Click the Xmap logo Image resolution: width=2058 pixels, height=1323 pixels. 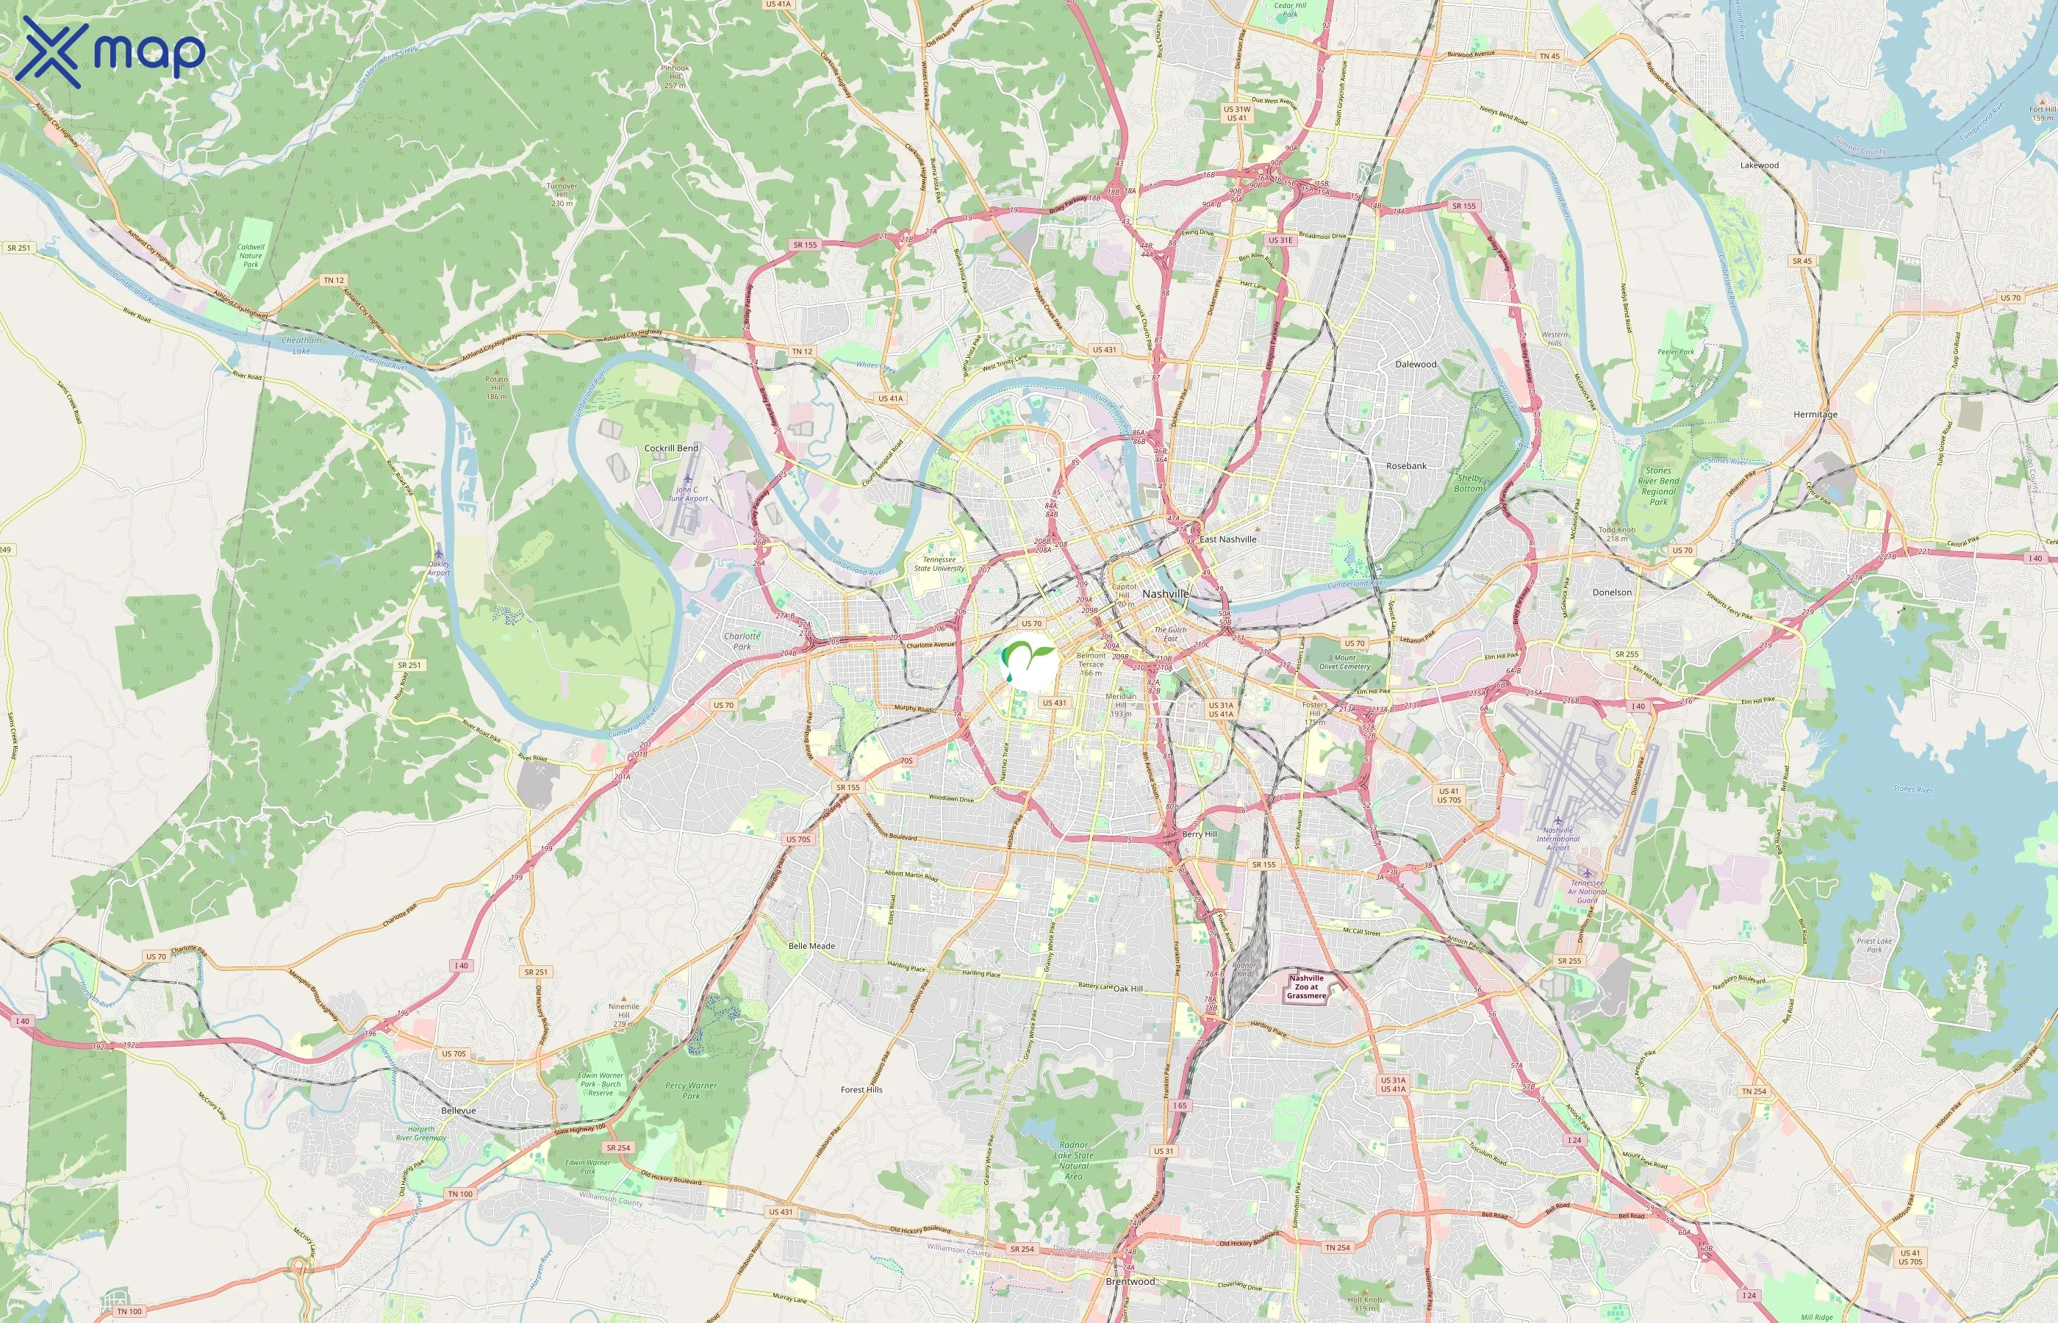coord(110,51)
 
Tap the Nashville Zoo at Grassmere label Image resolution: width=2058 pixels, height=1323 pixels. coord(1306,987)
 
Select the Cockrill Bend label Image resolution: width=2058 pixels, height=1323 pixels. coord(671,448)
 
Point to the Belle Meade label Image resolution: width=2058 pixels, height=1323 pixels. coord(811,946)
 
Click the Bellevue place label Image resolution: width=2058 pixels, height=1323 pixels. coord(458,1111)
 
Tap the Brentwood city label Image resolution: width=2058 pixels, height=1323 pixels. coord(1130,1281)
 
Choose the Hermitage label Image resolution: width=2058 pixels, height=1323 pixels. coord(1815,414)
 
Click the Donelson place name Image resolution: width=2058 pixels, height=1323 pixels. coord(1611,592)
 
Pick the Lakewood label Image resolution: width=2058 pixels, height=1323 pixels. coord(1759,165)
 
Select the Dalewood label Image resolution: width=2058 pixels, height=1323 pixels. coord(1416,365)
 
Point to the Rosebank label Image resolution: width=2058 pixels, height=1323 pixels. coord(1406,466)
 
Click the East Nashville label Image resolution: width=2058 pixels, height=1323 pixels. coord(1227,539)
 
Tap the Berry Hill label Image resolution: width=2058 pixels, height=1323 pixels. coord(1199,834)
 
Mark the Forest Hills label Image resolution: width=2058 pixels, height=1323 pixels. coord(861,1089)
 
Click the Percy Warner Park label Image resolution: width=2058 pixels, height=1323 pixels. coord(691,1090)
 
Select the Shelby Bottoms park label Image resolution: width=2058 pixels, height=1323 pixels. coord(1469,483)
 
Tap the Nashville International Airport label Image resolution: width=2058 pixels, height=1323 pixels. coord(1558,839)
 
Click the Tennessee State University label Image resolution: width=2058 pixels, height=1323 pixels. coord(939,564)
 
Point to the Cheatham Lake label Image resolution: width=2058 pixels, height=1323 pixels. coord(301,345)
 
